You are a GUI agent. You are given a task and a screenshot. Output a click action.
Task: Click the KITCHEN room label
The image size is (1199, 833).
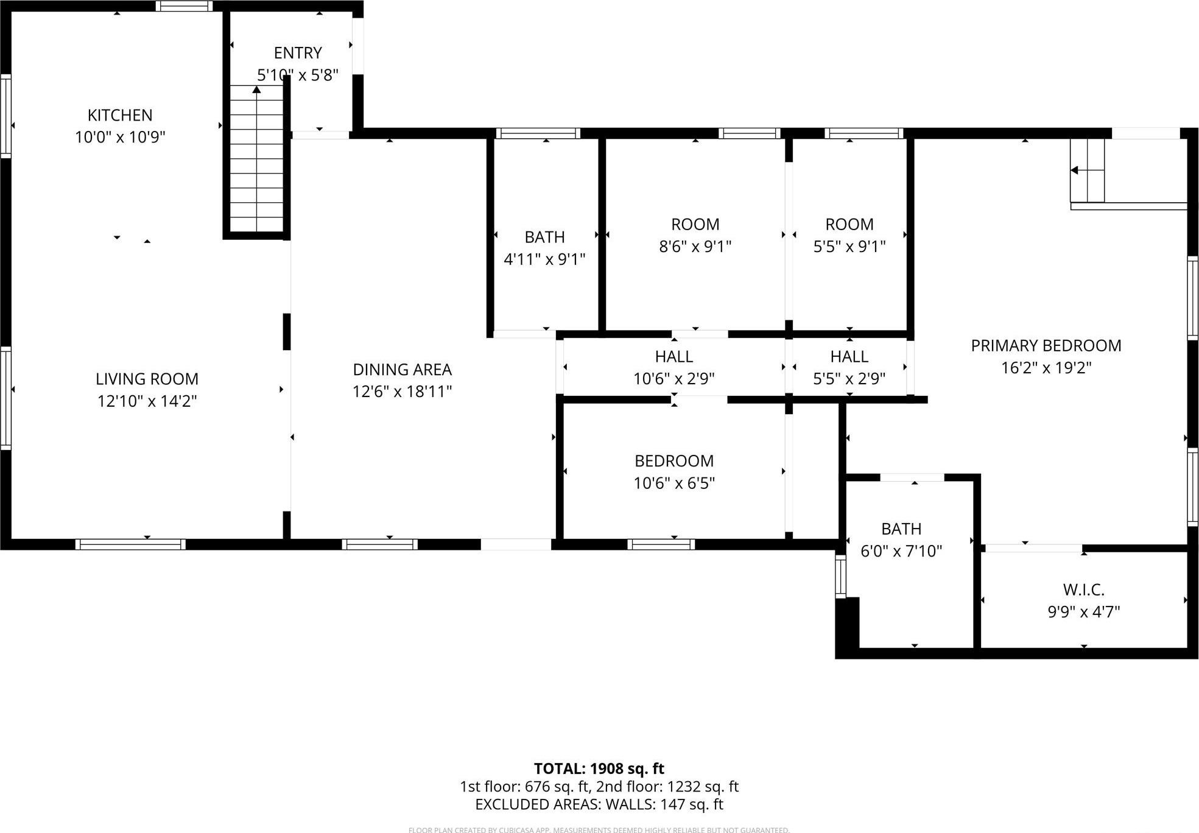pos(120,115)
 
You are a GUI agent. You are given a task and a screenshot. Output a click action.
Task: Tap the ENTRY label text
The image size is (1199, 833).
pos(297,53)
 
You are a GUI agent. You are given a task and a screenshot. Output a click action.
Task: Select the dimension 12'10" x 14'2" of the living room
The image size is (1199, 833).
pos(147,401)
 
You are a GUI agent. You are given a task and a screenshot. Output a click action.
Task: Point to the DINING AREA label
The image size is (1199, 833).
pos(402,370)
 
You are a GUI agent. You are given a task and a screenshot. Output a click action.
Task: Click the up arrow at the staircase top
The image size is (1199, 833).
pos(256,90)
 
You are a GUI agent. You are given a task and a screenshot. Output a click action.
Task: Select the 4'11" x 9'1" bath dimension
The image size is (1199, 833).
pos(544,259)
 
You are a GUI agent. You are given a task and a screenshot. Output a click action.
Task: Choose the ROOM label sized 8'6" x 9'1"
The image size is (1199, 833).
pos(695,225)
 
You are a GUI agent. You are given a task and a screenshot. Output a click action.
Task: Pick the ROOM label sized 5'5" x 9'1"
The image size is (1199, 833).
pos(849,225)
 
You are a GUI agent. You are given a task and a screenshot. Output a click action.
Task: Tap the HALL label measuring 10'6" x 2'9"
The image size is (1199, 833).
pos(673,356)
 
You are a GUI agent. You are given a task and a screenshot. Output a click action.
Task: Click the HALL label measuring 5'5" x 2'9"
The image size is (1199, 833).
pos(849,356)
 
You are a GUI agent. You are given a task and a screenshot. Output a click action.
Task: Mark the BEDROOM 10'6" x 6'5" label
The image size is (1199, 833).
pos(673,461)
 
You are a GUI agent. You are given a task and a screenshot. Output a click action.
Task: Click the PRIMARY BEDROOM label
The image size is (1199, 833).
pos(1046,346)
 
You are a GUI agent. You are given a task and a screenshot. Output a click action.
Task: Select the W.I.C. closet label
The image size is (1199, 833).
pos(1083,589)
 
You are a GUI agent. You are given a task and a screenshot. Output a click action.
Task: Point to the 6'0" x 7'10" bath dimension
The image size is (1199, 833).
pos(901,551)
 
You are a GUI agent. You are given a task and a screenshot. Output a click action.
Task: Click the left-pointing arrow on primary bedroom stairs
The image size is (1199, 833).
pos(1075,170)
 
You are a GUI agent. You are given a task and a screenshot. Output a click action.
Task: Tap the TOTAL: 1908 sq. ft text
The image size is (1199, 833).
pos(599,768)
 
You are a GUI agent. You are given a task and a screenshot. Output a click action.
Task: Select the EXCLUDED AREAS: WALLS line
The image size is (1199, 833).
pos(599,804)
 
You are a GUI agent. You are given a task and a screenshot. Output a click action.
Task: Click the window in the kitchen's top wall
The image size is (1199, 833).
pos(184,7)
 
